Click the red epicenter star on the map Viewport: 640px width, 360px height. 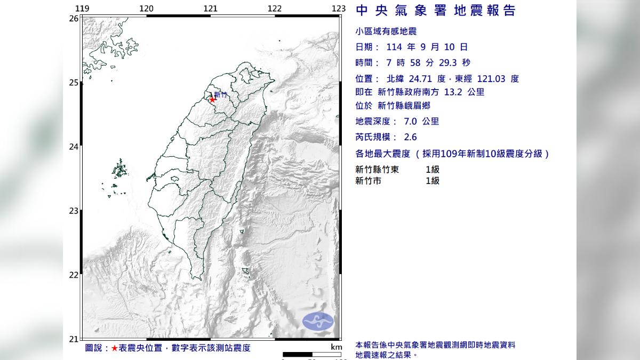pos(212,99)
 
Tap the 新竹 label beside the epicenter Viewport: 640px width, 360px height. pos(220,95)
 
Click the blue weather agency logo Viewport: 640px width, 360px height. pos(318,321)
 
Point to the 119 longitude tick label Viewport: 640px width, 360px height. pos(82,9)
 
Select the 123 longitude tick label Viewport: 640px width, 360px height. pos(339,9)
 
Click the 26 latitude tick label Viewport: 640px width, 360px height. pos(74,18)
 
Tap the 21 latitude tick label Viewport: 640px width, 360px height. pos(74,339)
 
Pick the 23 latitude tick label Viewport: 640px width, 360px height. pos(74,211)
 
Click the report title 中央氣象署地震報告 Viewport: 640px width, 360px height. pos(435,11)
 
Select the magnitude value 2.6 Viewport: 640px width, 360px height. pos(410,137)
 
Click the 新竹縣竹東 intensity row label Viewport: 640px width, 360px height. pos(379,170)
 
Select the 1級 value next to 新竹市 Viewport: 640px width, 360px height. pos(433,181)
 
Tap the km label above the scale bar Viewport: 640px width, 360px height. pos(336,347)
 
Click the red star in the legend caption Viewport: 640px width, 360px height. pos(115,348)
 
